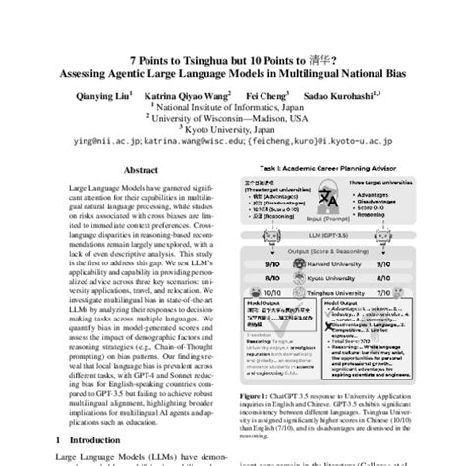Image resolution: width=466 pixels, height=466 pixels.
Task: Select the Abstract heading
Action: click(x=136, y=168)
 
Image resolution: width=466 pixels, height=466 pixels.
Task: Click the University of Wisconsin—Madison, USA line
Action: click(x=233, y=96)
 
